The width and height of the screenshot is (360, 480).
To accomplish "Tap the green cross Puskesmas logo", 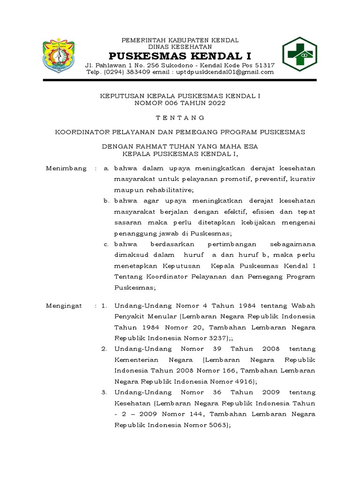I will click(299, 54).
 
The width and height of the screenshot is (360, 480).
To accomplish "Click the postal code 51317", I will click(264, 65).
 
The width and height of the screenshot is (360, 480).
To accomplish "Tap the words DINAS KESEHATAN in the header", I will click(180, 46).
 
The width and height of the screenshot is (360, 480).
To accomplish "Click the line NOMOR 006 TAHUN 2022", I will click(180, 103).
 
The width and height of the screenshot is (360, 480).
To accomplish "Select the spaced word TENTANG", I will click(180, 117).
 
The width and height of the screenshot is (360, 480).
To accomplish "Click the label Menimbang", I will click(66, 168).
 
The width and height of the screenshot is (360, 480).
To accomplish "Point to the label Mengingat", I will click(64, 306).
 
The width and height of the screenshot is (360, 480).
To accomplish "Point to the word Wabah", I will click(304, 306).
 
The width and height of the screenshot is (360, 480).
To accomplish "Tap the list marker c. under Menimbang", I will click(107, 244).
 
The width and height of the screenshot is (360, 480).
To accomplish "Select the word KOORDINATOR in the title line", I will click(81, 132).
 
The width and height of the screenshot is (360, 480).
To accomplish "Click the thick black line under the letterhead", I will click(180, 81).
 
